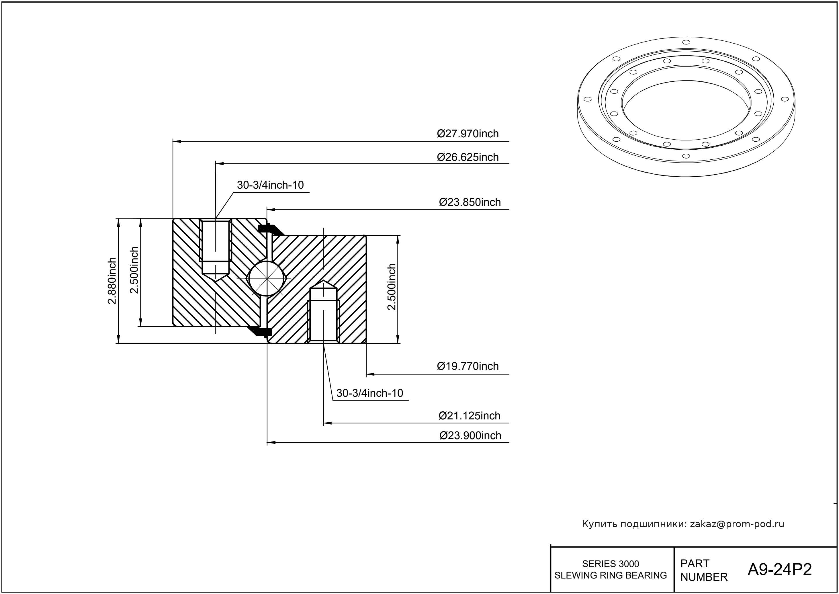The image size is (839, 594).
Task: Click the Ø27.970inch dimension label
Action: (x=468, y=134)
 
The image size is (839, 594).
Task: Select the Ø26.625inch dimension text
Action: (x=468, y=157)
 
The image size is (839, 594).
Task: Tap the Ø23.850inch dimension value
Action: (x=470, y=202)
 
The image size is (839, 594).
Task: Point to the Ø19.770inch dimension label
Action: (x=468, y=366)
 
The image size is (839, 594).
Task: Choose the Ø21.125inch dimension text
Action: (x=469, y=416)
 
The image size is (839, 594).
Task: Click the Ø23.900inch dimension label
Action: (x=470, y=436)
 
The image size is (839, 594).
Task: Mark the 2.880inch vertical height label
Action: (x=112, y=281)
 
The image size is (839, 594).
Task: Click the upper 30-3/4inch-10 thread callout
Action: (x=270, y=185)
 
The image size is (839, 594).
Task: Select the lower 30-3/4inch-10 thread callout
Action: (x=369, y=393)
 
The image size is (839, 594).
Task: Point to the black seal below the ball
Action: (x=260, y=331)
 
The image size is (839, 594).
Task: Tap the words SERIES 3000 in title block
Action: (x=611, y=564)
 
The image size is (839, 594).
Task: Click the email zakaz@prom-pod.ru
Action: (x=737, y=524)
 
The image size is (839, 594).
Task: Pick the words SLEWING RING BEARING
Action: (x=611, y=575)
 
